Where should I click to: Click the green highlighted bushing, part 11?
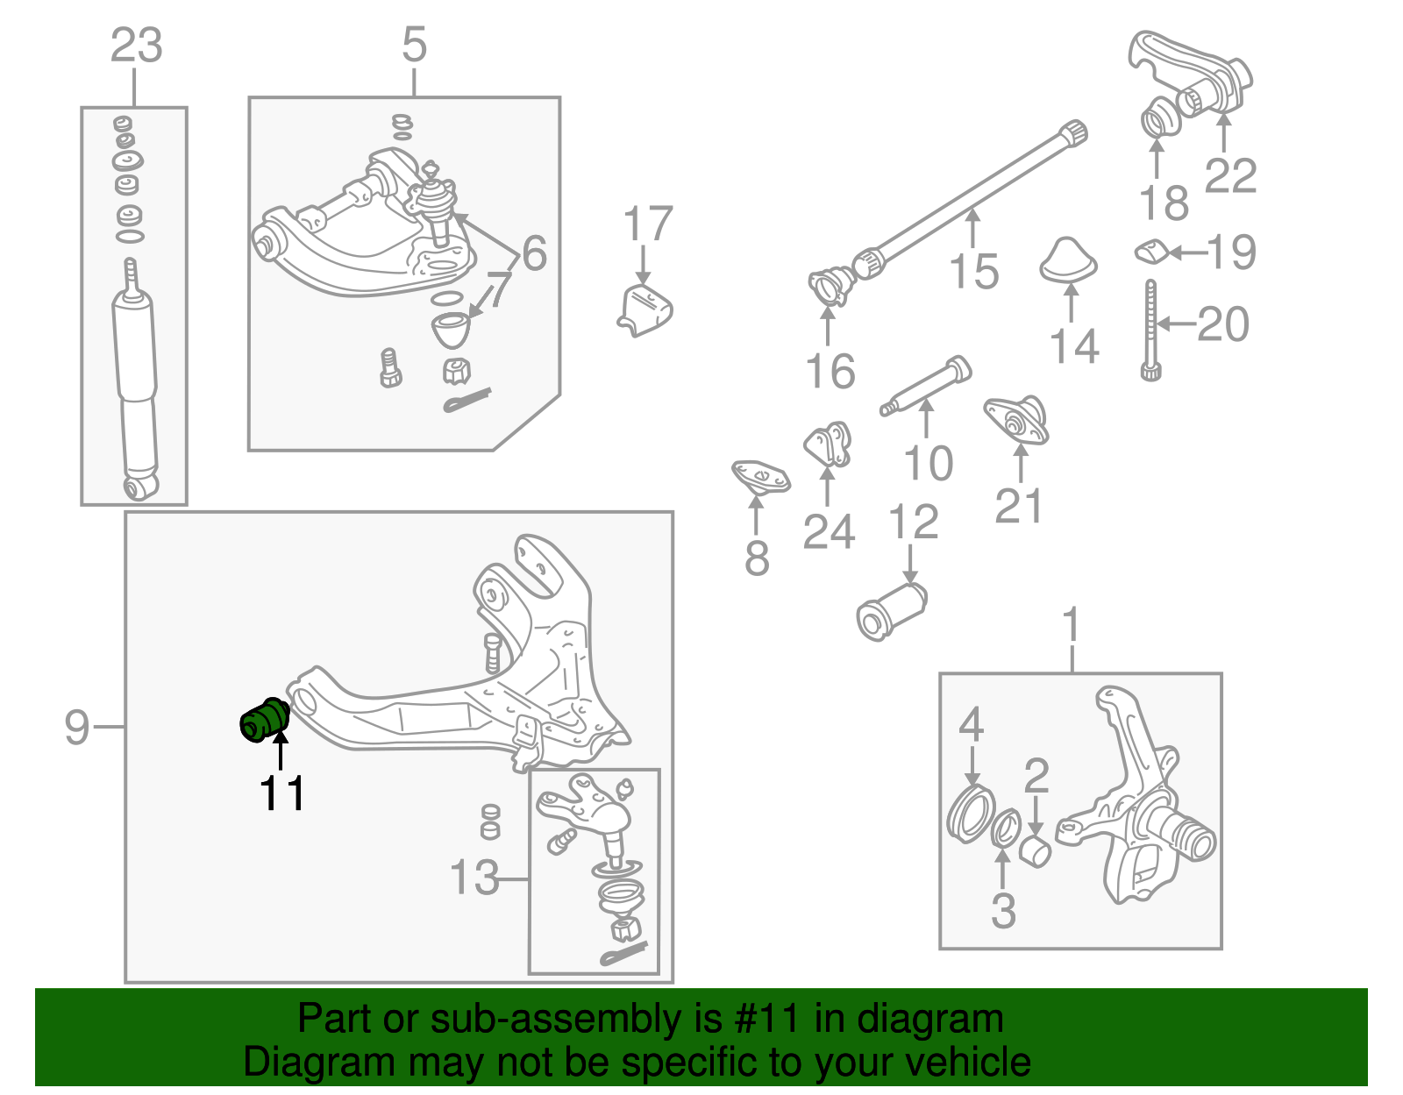coord(264,721)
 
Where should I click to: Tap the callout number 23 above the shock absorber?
coord(136,46)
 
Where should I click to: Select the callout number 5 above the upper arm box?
coord(414,44)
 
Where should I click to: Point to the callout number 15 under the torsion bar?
coord(973,271)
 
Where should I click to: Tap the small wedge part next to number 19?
coord(1152,252)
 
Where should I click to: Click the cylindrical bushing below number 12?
coord(891,611)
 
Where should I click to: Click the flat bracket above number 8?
coord(760,477)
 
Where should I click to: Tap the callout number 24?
coord(828,531)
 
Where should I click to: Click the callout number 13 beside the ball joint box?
coord(474,877)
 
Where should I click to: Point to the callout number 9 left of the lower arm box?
coord(77,727)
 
